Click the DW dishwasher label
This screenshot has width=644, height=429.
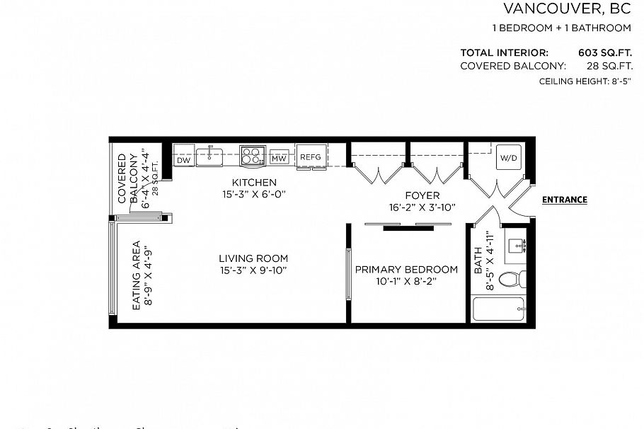[183, 160]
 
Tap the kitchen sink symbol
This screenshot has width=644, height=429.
[209, 156]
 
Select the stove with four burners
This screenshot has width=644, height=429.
[251, 155]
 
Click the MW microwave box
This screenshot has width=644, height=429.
[280, 158]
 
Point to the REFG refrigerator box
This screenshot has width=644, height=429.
[310, 156]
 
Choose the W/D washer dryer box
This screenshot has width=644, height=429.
[508, 158]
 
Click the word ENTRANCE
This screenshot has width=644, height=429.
[564, 200]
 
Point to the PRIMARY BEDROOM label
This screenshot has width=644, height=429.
[406, 270]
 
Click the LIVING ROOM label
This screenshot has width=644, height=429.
[253, 258]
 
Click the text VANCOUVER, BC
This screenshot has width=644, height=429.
[567, 9]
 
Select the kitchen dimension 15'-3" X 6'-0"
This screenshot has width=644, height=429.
[254, 193]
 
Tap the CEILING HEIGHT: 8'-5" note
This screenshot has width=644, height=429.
[585, 81]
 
